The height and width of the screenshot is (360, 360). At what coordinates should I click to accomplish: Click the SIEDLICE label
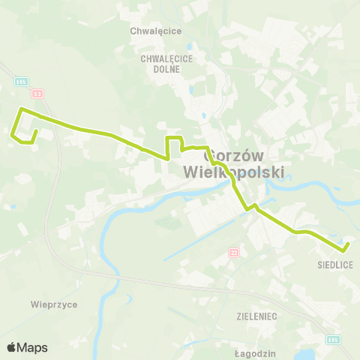point(334,265)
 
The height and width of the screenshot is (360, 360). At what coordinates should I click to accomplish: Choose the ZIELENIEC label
point(256,316)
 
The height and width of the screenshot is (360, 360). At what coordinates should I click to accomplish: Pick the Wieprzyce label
point(54,304)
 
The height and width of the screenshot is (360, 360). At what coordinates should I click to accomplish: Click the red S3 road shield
point(37,93)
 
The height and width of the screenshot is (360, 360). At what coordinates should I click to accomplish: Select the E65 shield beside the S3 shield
point(23,82)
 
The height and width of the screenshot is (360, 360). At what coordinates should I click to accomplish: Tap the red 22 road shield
point(233,251)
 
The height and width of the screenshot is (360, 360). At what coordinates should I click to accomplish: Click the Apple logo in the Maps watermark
point(11,346)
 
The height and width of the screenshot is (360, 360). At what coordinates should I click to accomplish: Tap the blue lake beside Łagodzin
point(305,353)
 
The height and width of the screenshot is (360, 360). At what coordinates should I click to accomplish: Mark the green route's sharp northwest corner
point(21,109)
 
